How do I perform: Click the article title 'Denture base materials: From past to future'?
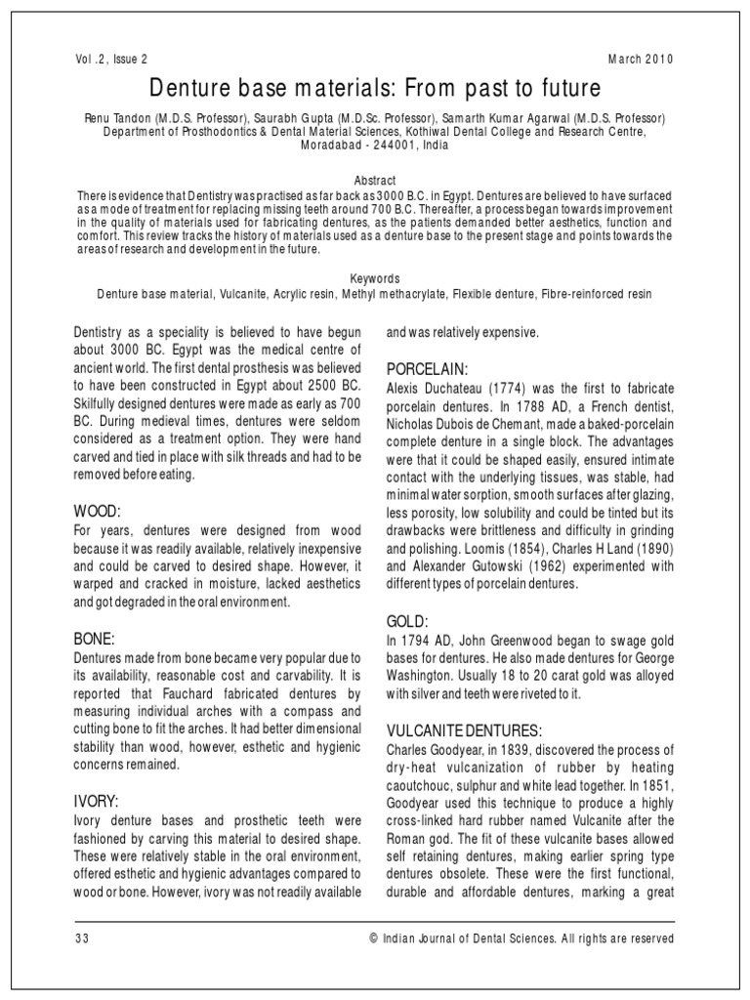click(x=375, y=89)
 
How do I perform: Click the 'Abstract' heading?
click(x=375, y=181)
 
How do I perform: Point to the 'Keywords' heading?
click(x=375, y=278)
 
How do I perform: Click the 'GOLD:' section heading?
click(x=407, y=620)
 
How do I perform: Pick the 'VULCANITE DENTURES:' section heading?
click(x=464, y=730)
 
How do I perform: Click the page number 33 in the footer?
click(x=82, y=938)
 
